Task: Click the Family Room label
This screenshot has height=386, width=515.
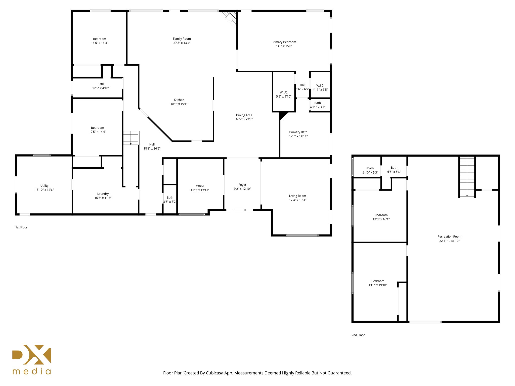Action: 182,39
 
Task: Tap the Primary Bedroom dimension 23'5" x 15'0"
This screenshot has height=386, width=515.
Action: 284,46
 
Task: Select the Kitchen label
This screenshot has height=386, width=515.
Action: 179,100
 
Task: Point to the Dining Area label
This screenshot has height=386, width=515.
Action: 244,115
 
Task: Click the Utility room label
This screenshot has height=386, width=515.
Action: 44,186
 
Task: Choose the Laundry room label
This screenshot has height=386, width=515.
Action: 103,194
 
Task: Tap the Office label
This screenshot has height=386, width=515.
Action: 200,186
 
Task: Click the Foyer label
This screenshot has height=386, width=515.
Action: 242,185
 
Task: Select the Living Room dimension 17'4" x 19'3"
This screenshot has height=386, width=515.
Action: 297,200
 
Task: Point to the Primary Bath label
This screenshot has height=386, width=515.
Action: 298,132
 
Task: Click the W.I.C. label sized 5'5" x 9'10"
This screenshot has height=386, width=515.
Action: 284,92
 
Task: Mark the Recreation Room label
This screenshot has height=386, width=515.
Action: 449,236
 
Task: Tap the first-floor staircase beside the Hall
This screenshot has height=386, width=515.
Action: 131,138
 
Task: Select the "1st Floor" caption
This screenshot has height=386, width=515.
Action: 21,227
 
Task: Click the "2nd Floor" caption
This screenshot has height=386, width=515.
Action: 358,335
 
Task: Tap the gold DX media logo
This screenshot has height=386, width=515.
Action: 32,359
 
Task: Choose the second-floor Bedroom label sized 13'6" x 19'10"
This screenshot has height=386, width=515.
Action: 377,281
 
